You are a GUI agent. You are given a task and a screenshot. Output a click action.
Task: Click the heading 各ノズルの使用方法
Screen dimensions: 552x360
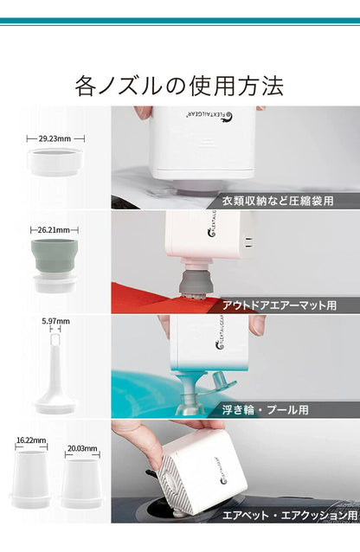coord(179,86)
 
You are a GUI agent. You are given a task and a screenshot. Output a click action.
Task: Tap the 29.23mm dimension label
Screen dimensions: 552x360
coord(54,137)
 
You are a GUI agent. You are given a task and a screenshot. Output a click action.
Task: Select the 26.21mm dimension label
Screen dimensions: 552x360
coord(54,230)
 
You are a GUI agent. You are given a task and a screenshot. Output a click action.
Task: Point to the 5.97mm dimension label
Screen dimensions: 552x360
coord(55,321)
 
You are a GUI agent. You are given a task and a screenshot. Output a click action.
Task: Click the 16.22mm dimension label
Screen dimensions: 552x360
coord(31,440)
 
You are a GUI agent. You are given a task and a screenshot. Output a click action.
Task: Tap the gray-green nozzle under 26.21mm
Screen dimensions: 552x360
coord(55,259)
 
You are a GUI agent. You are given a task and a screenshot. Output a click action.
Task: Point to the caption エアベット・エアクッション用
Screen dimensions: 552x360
coord(288,515)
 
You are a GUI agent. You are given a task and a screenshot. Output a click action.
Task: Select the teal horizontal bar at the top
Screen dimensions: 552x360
coord(180,21)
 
